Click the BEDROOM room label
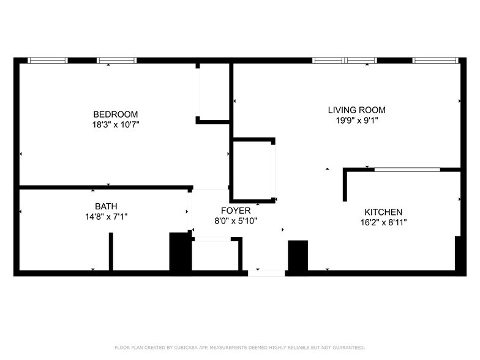point(115,114)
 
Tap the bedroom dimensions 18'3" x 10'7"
point(115,124)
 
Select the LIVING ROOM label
point(356,110)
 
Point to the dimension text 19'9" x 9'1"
point(356,121)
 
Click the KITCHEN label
point(383,212)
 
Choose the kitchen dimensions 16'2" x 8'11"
point(383,222)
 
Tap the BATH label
point(106,206)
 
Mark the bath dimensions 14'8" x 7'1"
point(106,216)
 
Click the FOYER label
point(236,211)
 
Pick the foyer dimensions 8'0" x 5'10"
point(236,220)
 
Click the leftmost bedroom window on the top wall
point(48,61)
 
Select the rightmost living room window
point(435,61)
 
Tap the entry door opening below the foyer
point(266,273)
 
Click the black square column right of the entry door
point(298,255)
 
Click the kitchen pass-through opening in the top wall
point(407,169)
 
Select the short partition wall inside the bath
point(111,251)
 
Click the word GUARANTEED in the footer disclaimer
point(351,347)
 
